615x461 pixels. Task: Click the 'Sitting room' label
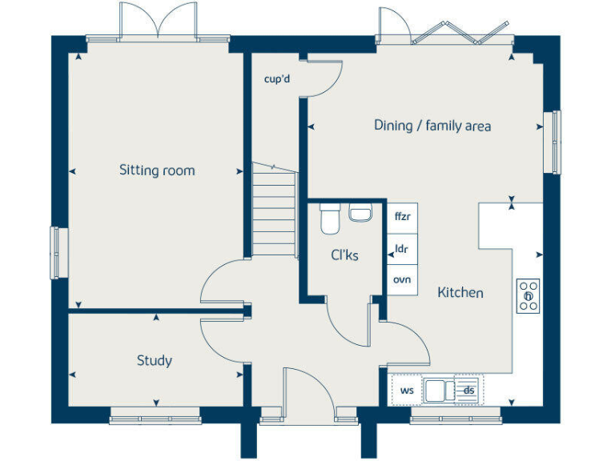(x=157, y=170)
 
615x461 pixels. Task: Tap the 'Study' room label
(x=154, y=361)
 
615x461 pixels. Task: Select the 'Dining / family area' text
(x=432, y=126)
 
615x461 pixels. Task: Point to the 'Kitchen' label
(x=460, y=293)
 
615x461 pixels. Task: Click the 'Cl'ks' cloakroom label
(x=344, y=256)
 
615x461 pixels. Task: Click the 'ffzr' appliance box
(x=402, y=216)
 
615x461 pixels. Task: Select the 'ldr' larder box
(x=402, y=249)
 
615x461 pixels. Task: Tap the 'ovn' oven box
(x=402, y=279)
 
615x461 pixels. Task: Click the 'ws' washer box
(x=407, y=391)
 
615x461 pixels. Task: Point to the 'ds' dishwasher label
(x=468, y=391)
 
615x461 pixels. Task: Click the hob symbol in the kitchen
(x=528, y=296)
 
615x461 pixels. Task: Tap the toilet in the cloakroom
(x=329, y=218)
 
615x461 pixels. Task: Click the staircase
(x=274, y=210)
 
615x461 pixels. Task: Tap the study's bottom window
(x=155, y=415)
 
